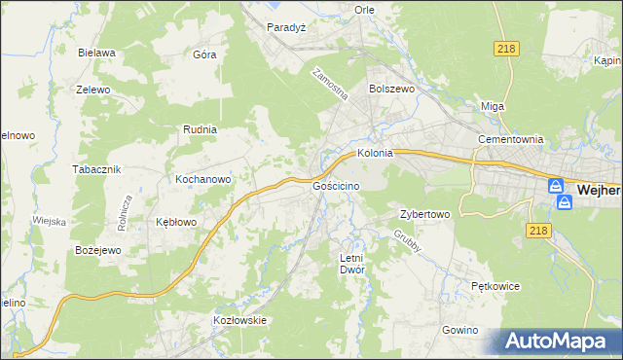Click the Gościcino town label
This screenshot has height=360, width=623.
point(337,185)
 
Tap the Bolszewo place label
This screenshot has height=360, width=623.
point(392,88)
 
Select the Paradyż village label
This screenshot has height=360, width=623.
point(287,27)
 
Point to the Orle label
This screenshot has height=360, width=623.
point(364,10)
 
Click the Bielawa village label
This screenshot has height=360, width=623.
point(97,53)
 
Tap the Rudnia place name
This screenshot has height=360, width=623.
point(200,128)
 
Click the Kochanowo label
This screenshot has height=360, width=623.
point(202,179)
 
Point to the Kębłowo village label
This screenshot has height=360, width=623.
point(176,222)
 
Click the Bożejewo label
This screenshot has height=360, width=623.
point(97,250)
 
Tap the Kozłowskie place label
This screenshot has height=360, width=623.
point(239,319)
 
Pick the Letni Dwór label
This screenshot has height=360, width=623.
point(351,264)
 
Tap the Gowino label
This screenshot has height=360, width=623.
point(459,330)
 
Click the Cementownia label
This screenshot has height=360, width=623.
point(509,139)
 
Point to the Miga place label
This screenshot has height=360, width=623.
point(493,106)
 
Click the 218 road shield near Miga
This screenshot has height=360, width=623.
point(507,50)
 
